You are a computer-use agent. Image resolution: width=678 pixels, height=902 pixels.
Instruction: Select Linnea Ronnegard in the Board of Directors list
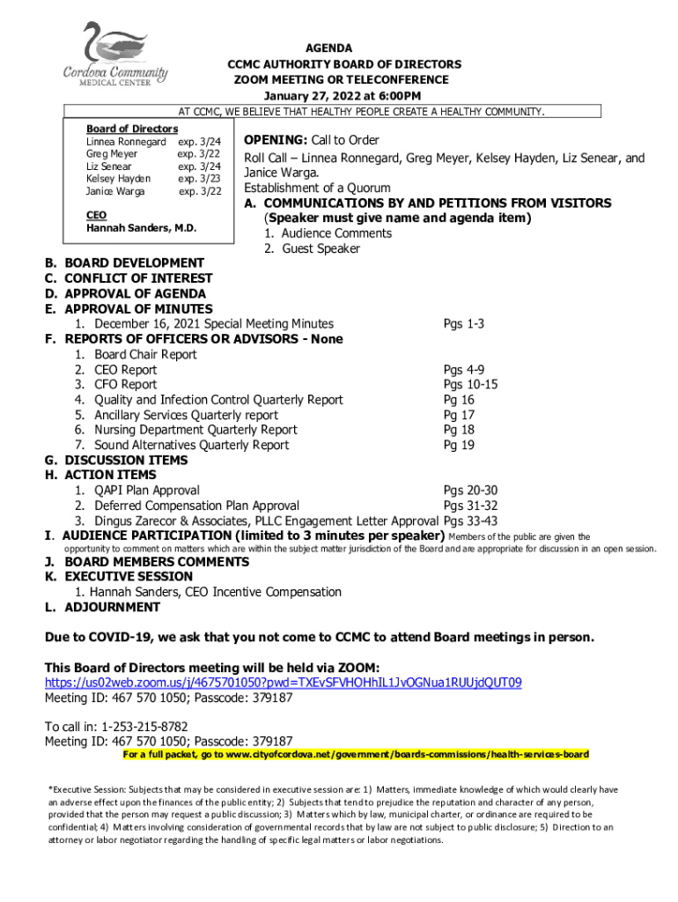click(x=126, y=142)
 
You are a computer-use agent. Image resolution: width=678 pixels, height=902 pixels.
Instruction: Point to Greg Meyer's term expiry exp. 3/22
click(x=199, y=154)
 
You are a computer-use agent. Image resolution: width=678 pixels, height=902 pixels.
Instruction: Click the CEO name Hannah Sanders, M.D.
click(x=141, y=228)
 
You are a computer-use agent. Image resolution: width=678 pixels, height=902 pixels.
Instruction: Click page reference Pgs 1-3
click(x=463, y=324)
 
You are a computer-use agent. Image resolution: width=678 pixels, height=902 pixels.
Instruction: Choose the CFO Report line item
click(x=126, y=385)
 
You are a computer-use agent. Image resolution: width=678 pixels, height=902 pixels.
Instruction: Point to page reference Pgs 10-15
click(x=470, y=385)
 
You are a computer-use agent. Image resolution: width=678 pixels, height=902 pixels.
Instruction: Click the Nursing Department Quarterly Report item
click(x=195, y=430)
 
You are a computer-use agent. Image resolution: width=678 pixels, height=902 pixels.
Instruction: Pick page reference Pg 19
click(x=459, y=445)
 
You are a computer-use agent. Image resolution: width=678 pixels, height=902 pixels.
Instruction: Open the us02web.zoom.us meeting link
click(x=284, y=683)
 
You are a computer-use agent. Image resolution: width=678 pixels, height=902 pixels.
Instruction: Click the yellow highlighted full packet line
click(x=356, y=755)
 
